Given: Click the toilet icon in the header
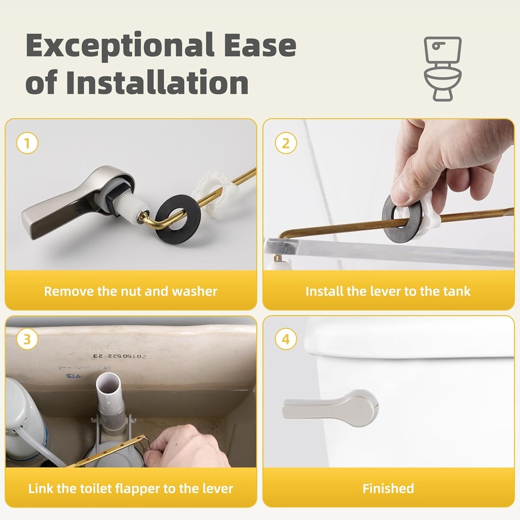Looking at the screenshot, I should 443,68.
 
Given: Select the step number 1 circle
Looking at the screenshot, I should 27,143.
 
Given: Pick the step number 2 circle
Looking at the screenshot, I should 285,143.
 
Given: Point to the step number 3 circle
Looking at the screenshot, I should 27,339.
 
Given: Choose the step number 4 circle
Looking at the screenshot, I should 285,339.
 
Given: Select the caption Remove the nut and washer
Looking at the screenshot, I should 131,291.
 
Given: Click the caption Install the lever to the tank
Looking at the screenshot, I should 388,291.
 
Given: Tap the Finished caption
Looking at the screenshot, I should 388,489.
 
